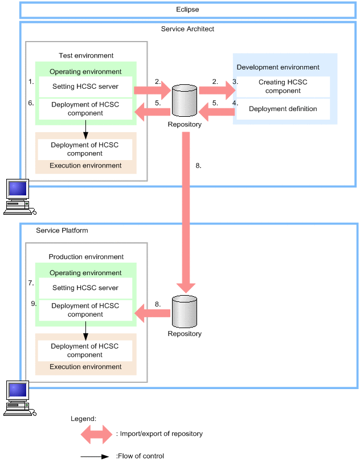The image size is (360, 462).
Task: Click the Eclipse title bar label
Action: point(187,10)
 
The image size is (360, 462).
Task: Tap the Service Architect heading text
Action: point(188,28)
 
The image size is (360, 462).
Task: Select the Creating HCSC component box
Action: point(283,87)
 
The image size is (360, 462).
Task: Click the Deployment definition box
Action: point(283,109)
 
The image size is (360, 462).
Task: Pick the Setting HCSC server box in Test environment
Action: point(85,87)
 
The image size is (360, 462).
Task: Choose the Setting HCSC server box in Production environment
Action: point(85,288)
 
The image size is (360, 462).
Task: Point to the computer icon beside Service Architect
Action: point(17,197)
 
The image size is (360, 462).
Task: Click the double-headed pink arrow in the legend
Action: point(96,434)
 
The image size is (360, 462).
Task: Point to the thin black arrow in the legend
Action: point(95,456)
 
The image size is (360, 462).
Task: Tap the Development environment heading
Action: point(278,67)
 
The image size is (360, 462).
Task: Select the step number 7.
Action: point(31,283)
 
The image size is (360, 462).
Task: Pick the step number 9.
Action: point(34,304)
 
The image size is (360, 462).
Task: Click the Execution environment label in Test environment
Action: point(85,166)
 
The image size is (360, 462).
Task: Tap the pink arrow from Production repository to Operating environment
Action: point(152,312)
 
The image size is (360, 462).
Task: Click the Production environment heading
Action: point(86,257)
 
